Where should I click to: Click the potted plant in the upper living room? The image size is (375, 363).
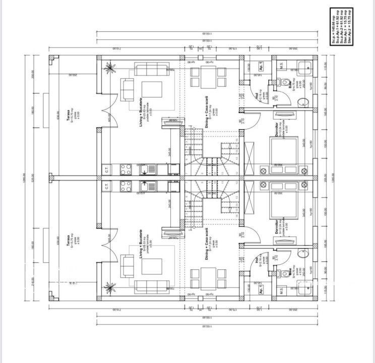tap(109, 67)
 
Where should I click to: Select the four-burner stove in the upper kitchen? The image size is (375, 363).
tap(124, 169)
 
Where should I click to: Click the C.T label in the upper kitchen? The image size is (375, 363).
tap(107, 169)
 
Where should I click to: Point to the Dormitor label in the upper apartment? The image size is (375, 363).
tap(277, 131)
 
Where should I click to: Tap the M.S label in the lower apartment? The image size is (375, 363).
tap(281, 291)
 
